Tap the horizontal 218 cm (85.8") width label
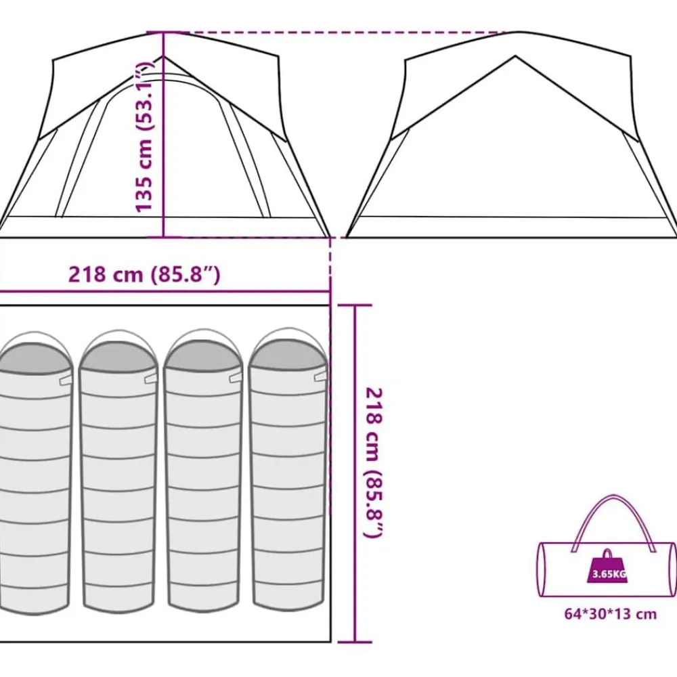pyautogui.click(x=144, y=274)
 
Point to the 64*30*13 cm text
pyautogui.click(x=610, y=613)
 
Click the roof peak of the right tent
pyautogui.click(x=515, y=56)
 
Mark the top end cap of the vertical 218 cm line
pyautogui.click(x=355, y=305)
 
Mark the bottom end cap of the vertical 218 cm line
pyautogui.click(x=355, y=642)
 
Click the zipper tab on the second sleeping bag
pyautogui.click(x=151, y=378)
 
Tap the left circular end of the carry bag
pyautogui.click(x=542, y=569)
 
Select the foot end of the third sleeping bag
pyautogui.click(x=203, y=603)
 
